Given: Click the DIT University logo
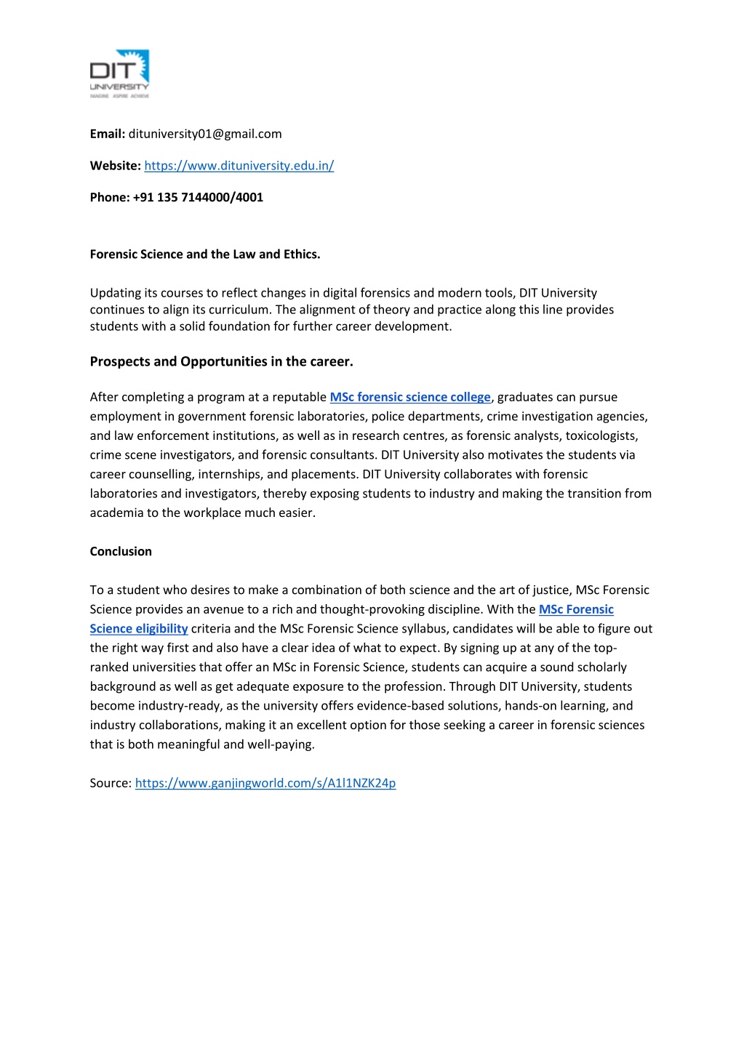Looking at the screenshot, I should pyautogui.click(x=119, y=73).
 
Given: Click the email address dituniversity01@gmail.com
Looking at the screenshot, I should pyautogui.click(x=205, y=134).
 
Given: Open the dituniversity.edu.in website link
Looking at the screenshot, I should pyautogui.click(x=239, y=166).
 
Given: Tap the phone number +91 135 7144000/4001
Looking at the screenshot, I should pyautogui.click(x=198, y=197).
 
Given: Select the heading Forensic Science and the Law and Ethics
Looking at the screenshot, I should pyautogui.click(x=205, y=254).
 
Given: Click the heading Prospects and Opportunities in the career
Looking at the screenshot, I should pyautogui.click(x=221, y=361).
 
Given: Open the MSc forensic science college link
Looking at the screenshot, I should pyautogui.click(x=409, y=397).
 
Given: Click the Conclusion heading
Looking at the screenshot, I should pyautogui.click(x=121, y=551).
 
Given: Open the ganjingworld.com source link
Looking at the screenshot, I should pyautogui.click(x=265, y=783).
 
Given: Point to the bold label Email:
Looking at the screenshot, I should pyautogui.click(x=108, y=134).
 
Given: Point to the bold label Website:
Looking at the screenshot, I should pyautogui.click(x=115, y=166).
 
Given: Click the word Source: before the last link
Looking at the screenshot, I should pyautogui.click(x=111, y=783).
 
